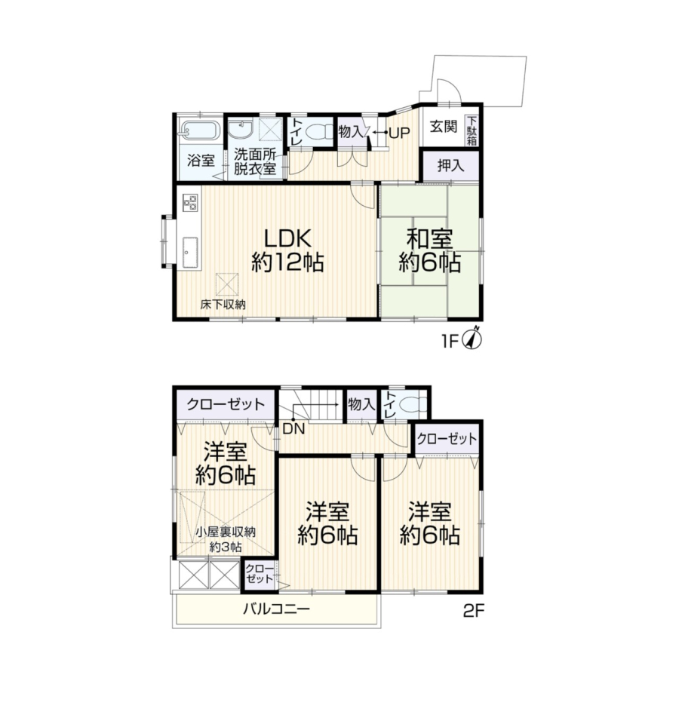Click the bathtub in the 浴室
click(x=200, y=130)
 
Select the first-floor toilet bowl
click(x=319, y=132)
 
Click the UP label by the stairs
click(x=399, y=133)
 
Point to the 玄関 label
click(x=444, y=127)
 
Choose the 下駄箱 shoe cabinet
click(x=471, y=131)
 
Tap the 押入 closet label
click(x=450, y=165)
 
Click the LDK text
click(x=287, y=238)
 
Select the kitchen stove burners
click(x=190, y=202)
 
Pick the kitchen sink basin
click(x=190, y=253)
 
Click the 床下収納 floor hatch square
click(x=227, y=284)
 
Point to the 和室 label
click(x=429, y=240)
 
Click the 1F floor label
click(x=450, y=341)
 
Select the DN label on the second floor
click(x=293, y=429)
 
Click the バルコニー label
click(x=276, y=609)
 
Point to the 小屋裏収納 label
click(x=226, y=532)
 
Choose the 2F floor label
click(x=474, y=611)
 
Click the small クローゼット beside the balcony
click(x=260, y=573)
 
